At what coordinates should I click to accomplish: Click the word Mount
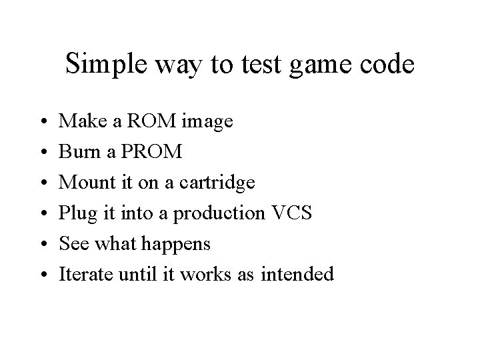pyautogui.click(x=84, y=183)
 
